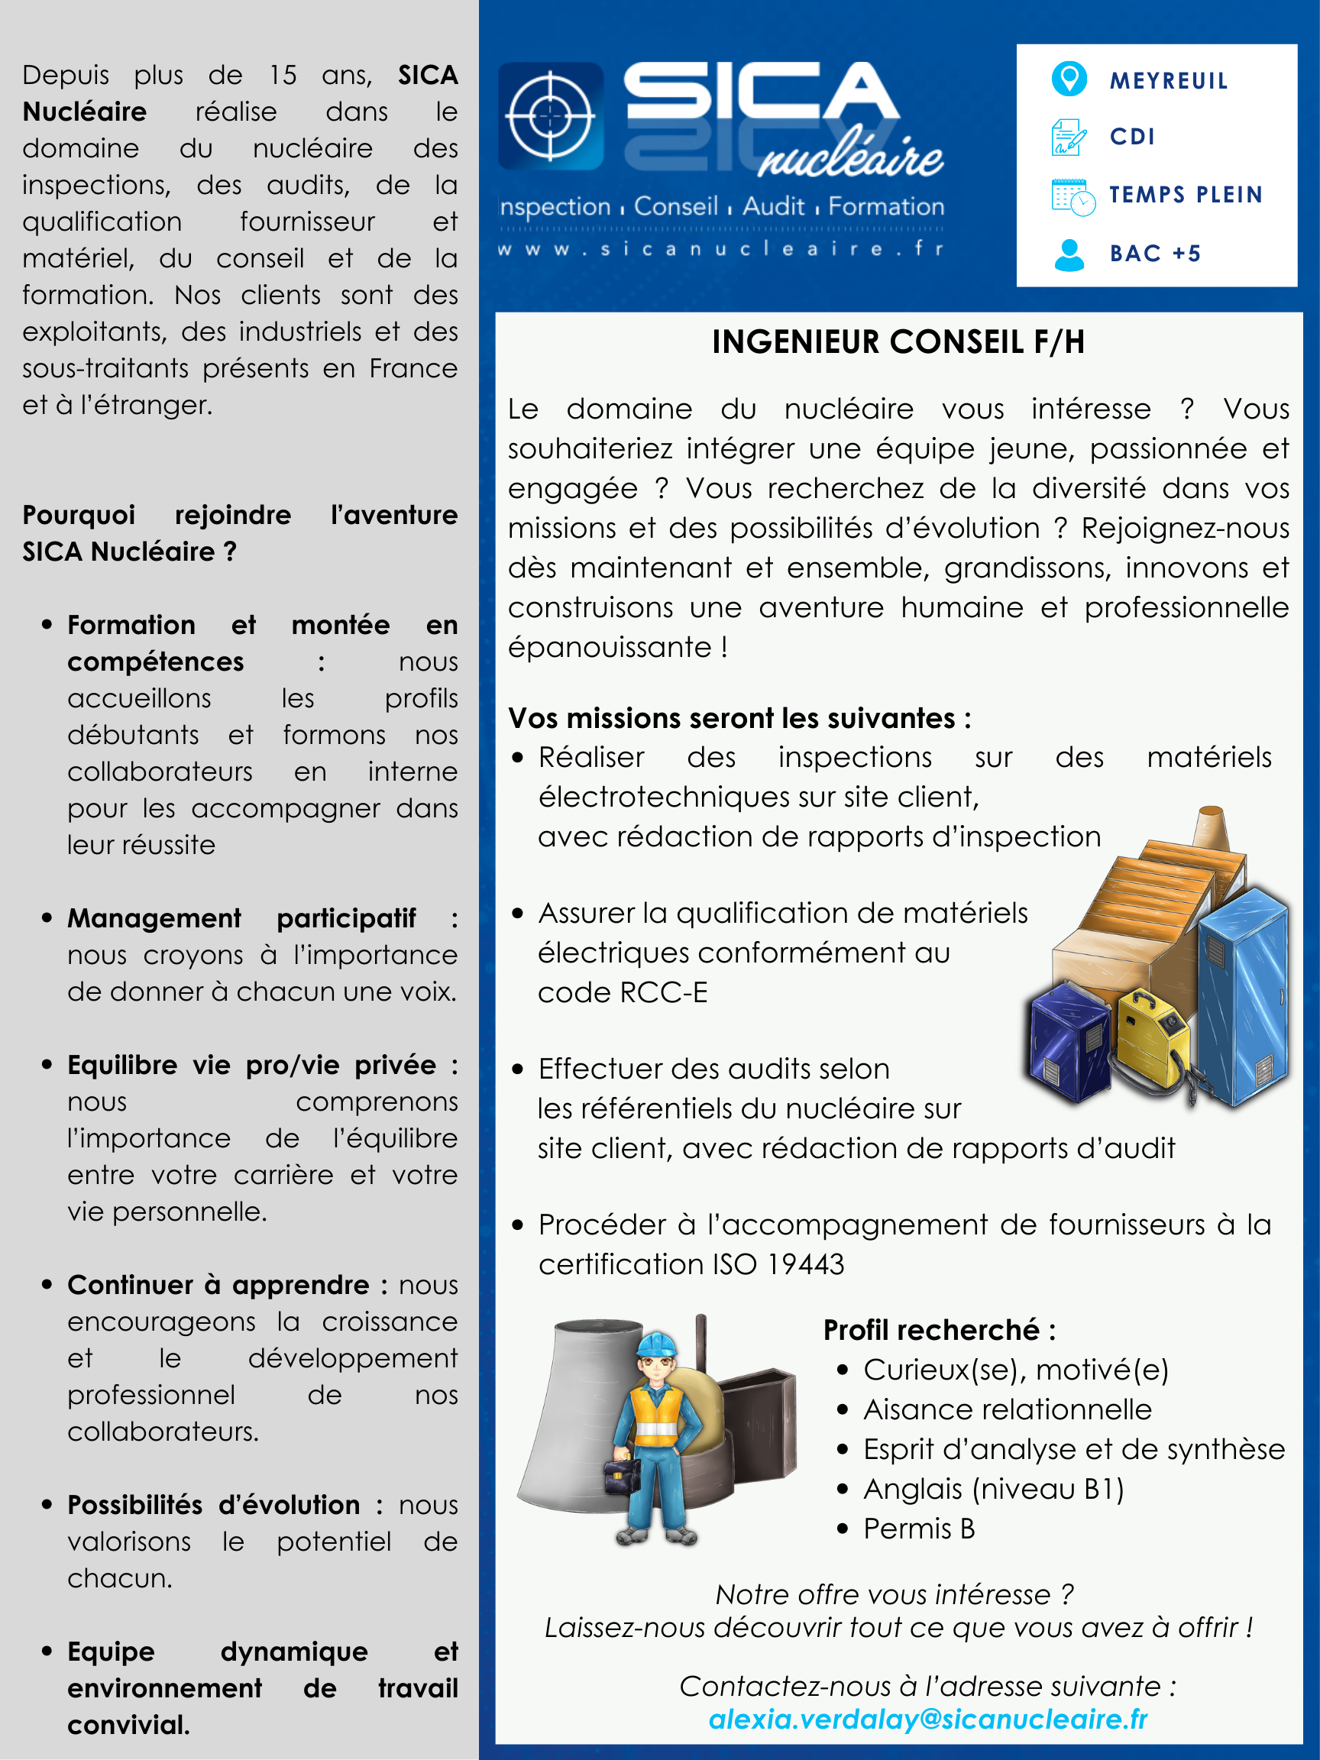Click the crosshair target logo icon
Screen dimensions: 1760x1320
point(550,115)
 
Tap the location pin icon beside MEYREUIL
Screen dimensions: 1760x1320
point(1069,79)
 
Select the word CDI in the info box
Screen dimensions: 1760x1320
point(1132,137)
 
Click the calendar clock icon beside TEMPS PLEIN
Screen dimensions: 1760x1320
point(1072,196)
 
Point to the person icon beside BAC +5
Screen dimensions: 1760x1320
point(1069,254)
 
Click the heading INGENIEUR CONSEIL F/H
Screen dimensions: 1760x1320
point(898,342)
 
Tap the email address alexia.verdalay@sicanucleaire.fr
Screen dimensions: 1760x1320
point(927,1719)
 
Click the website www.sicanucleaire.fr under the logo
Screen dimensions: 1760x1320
point(721,249)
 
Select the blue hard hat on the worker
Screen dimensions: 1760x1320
point(657,1344)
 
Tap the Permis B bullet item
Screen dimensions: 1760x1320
point(919,1529)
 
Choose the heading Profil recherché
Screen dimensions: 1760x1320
point(939,1329)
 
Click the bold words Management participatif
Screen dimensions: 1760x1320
point(241,918)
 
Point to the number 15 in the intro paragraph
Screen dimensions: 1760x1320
point(283,75)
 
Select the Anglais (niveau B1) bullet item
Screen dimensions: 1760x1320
point(993,1489)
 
